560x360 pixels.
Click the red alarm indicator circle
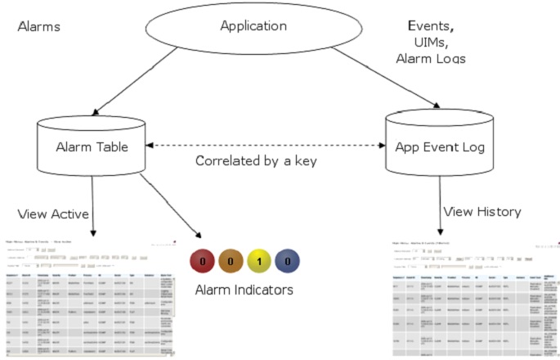(x=202, y=261)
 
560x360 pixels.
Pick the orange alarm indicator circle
(x=231, y=261)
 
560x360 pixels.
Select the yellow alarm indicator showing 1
(x=258, y=261)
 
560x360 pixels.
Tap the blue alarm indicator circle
(x=287, y=261)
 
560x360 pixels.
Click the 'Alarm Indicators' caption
(x=244, y=290)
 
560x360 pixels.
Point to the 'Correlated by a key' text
(x=256, y=160)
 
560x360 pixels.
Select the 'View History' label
(x=482, y=212)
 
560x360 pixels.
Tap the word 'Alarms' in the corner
(x=40, y=27)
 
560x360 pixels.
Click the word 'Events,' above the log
(x=430, y=26)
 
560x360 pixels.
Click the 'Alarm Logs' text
(x=430, y=59)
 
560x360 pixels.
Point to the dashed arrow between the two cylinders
(x=256, y=146)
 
